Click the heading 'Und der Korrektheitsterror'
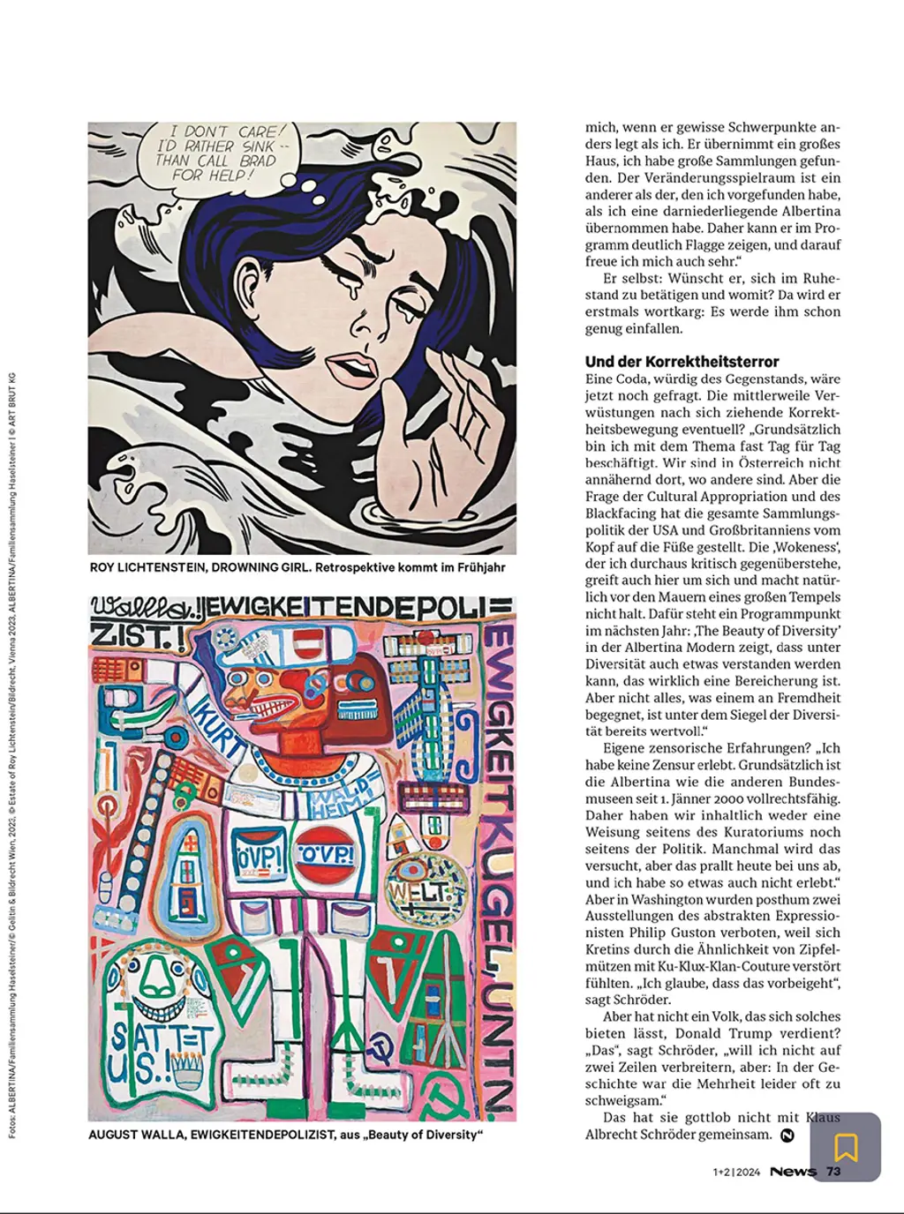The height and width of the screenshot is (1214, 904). (x=682, y=362)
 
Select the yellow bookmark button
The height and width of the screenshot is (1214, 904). (x=846, y=1147)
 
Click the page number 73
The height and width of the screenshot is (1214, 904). (x=833, y=1172)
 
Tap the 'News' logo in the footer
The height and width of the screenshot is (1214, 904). (x=793, y=1172)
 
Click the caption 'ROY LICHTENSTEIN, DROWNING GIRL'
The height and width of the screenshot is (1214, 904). (x=297, y=567)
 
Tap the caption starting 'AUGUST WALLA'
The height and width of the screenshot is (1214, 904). (x=285, y=1135)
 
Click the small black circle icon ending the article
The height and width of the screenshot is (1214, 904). (x=787, y=1135)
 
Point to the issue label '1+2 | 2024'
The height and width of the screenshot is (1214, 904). (x=736, y=1173)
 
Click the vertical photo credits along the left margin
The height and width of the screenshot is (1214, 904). (x=12, y=759)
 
